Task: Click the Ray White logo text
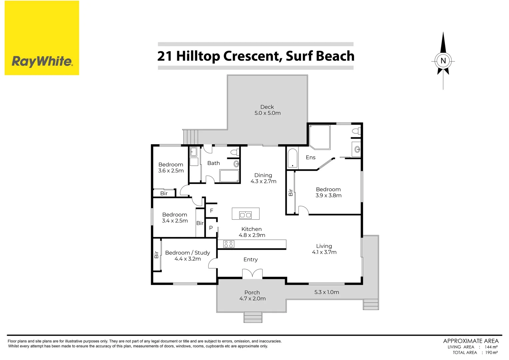42,61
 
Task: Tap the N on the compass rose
443,61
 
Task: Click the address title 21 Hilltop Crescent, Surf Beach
255,56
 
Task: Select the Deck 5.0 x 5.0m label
267,110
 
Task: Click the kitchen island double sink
246,215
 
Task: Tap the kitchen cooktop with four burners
229,244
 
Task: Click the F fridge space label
212,211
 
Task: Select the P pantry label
211,228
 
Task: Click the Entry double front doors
252,274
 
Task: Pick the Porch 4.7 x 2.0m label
252,295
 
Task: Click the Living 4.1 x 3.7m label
324,249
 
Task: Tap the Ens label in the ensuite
310,157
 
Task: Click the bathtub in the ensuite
292,159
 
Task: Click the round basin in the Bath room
236,164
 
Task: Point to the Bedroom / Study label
188,256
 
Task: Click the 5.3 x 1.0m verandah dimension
326,292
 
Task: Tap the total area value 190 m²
491,352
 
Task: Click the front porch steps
253,317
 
